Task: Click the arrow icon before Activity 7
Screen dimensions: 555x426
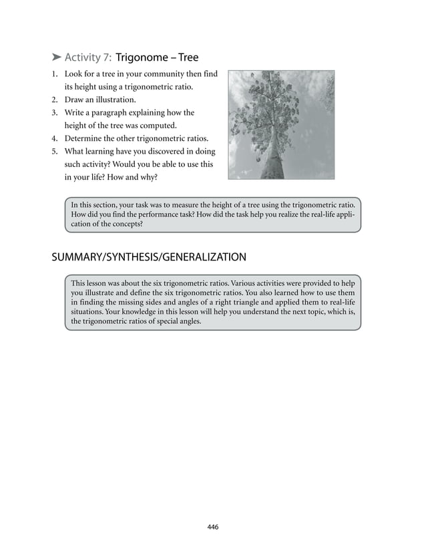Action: point(56,57)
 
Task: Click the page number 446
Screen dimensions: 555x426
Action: point(213,527)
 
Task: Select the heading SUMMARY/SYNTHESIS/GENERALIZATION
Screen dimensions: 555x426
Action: point(149,257)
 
